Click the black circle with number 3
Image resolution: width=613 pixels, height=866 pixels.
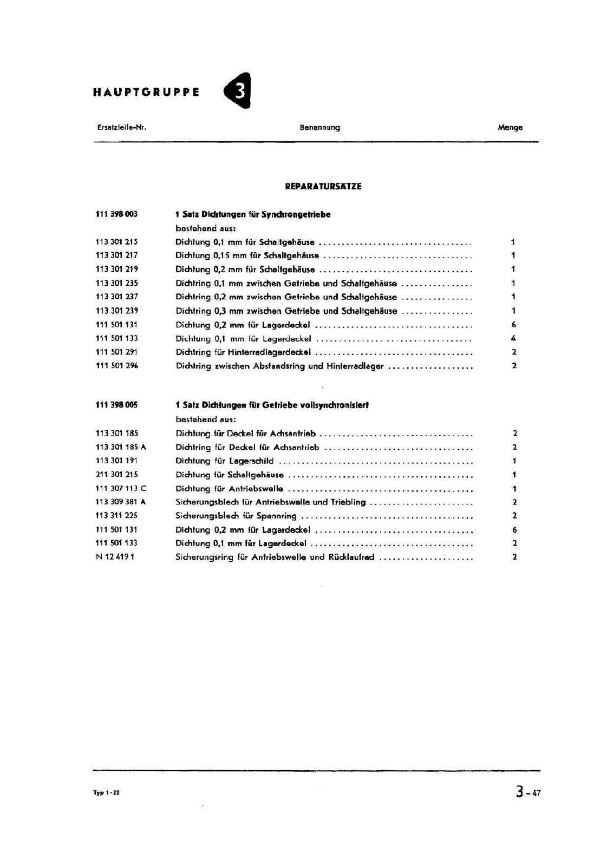tap(238, 91)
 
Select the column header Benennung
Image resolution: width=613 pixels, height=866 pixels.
tap(319, 128)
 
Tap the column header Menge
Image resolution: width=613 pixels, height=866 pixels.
tap(510, 128)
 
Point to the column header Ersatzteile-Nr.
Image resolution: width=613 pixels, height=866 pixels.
tap(122, 128)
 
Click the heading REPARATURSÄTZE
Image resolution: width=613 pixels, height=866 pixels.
tap(323, 186)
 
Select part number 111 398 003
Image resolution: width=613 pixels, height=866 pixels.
tap(116, 214)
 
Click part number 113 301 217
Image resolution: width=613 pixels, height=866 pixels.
tap(116, 255)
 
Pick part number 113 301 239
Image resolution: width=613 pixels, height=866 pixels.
tap(116, 311)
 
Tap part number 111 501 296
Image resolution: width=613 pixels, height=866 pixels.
tap(116, 366)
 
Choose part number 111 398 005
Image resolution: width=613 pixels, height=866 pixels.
tap(116, 405)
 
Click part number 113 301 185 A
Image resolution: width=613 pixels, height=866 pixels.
tap(121, 447)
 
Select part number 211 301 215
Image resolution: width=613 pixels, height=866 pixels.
tap(116, 475)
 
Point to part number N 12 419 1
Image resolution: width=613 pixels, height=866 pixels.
tap(115, 557)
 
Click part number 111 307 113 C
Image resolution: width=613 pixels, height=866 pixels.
tap(121, 488)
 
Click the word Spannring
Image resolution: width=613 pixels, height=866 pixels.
tap(276, 516)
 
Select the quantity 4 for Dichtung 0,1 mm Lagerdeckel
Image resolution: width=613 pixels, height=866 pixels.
tap(513, 339)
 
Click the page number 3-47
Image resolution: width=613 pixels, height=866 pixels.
tap(528, 793)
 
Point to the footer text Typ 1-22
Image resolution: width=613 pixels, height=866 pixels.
tap(106, 793)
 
